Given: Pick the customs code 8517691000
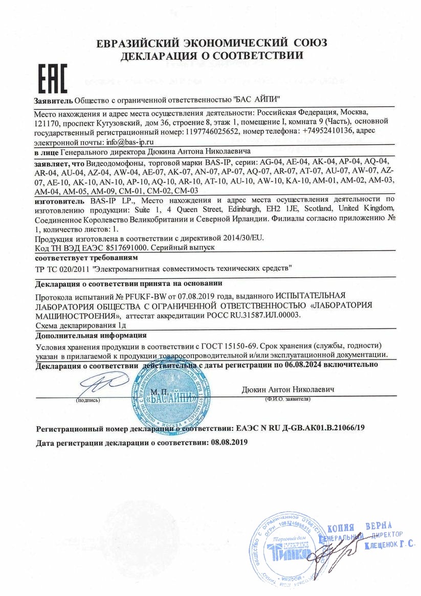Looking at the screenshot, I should click(x=125, y=247).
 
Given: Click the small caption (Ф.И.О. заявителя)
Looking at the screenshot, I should click(x=287, y=399).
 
